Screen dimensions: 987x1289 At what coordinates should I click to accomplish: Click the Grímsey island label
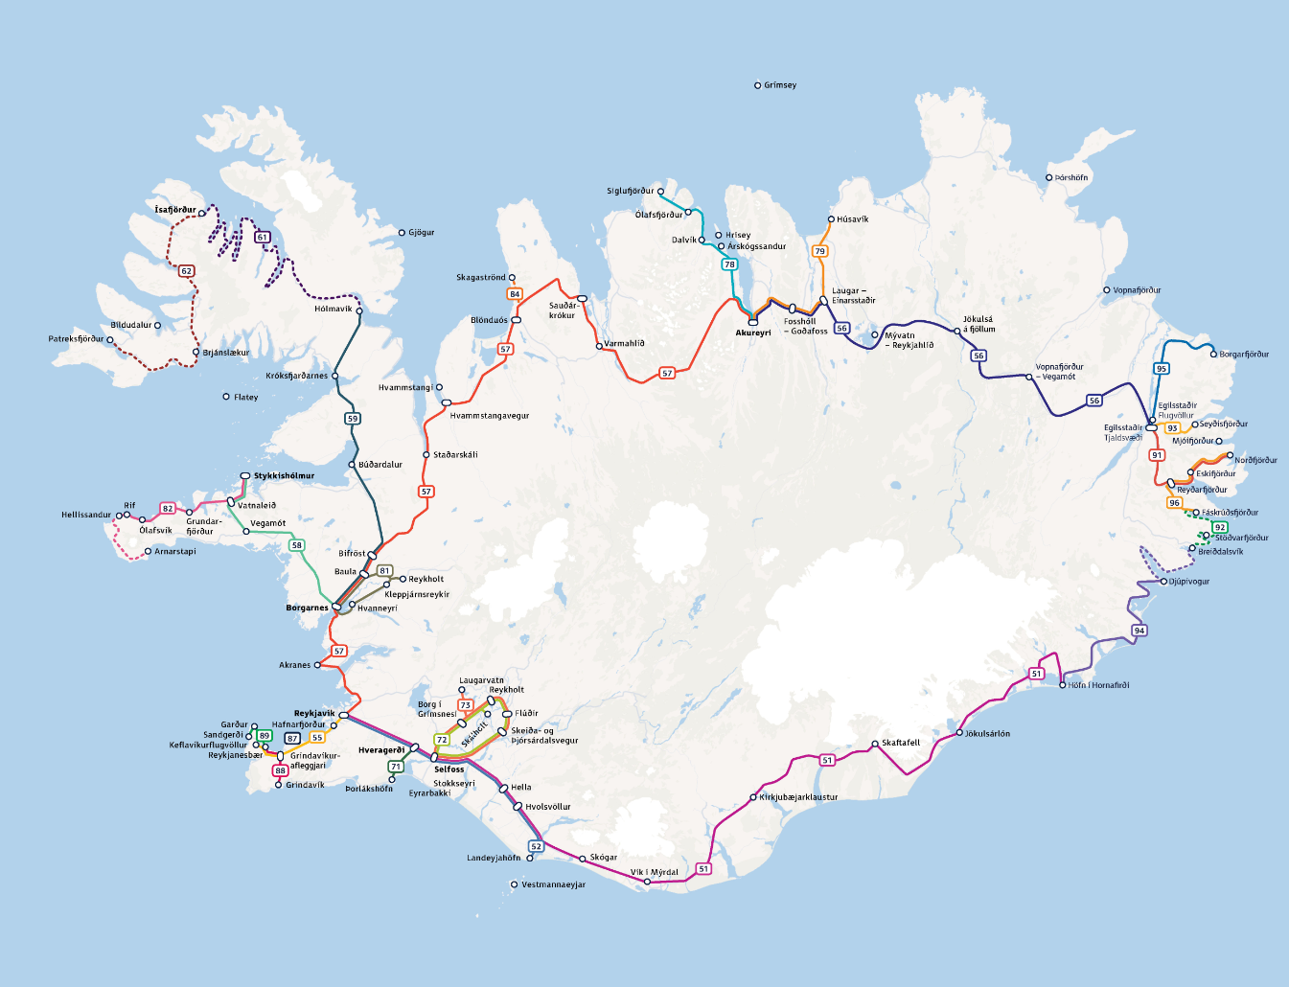780,85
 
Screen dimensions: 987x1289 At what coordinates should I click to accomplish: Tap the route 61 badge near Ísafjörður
263,237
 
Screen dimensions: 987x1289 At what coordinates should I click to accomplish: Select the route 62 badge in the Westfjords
187,271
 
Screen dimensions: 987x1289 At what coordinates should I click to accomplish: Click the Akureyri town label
753,333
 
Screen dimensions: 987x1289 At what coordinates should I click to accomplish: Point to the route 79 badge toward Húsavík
819,251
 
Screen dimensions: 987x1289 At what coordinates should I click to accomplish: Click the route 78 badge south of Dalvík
729,264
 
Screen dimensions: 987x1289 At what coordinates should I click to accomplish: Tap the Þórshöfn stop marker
1048,177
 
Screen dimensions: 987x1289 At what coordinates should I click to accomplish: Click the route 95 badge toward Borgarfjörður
1162,368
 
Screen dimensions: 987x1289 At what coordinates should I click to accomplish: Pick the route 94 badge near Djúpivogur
1139,631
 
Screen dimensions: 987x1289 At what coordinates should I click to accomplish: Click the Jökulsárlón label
987,734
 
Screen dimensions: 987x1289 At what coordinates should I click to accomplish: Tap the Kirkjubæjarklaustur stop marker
752,797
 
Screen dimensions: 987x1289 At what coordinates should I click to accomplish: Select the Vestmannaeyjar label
553,884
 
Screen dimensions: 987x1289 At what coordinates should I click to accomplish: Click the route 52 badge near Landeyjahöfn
536,846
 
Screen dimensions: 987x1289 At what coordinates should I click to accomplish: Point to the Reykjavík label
314,714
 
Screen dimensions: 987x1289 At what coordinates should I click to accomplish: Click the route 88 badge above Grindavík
280,770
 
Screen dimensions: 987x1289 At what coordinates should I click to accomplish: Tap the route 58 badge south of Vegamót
296,545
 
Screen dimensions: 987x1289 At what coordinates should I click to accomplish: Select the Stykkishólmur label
284,476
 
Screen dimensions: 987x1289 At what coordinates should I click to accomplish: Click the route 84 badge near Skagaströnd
515,294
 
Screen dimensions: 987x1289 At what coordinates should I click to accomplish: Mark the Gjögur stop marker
402,233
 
